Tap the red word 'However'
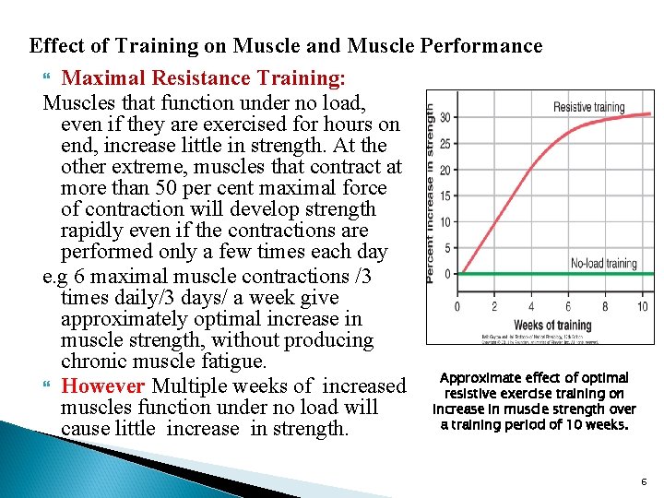[x=103, y=386]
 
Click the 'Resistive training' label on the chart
[x=588, y=108]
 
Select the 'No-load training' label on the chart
[x=603, y=264]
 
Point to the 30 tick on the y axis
[x=445, y=117]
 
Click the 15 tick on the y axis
[x=445, y=196]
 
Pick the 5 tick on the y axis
[x=447, y=248]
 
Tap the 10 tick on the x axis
[x=642, y=307]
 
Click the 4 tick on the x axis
[x=531, y=307]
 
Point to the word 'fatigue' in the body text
[x=236, y=362]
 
